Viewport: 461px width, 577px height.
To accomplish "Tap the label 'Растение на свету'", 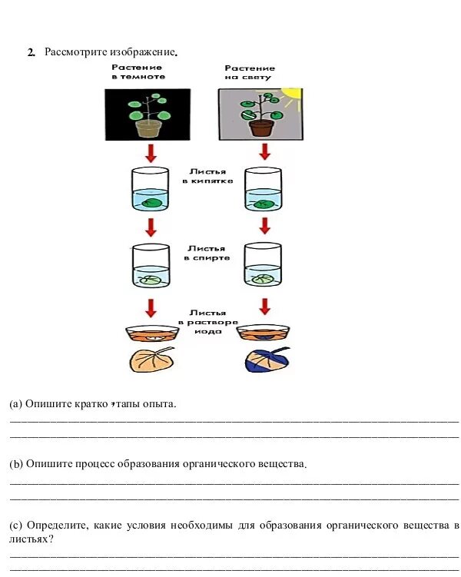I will pos(250,73).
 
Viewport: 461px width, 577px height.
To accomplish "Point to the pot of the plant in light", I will pos(262,127).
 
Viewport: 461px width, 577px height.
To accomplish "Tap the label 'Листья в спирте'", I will pos(207,253).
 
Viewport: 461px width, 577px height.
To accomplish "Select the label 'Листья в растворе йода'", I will pos(207,322).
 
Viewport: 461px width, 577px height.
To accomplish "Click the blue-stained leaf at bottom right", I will pos(267,359).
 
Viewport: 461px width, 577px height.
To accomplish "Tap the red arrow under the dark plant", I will pos(151,153).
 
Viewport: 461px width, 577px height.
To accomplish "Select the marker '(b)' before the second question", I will pos(16,465).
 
